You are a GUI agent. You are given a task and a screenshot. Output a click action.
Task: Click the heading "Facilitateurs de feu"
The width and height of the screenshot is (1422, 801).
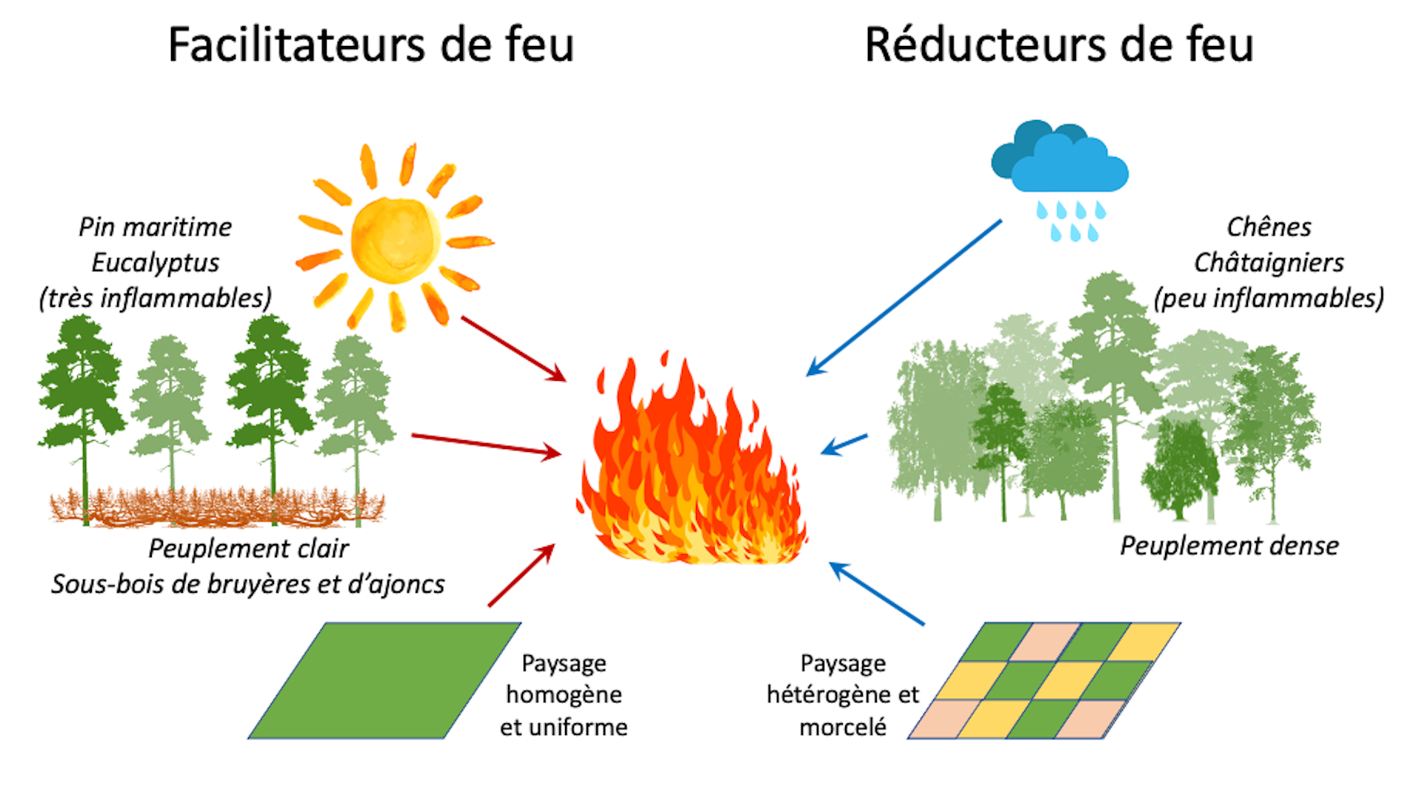[x=371, y=44]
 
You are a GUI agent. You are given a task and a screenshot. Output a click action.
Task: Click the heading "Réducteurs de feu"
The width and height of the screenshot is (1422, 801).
[x=1059, y=44]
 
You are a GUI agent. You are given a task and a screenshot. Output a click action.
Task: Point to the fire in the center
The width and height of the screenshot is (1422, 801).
[x=692, y=467]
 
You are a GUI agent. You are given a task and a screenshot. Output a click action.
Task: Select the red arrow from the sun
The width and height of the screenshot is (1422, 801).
[x=513, y=348]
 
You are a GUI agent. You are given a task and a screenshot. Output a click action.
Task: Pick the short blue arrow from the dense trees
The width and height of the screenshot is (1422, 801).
[x=844, y=445]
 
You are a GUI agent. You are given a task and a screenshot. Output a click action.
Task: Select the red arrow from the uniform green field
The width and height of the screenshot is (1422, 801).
[x=521, y=576]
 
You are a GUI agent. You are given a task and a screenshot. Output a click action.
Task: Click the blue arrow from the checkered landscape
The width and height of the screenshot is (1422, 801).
[x=877, y=594]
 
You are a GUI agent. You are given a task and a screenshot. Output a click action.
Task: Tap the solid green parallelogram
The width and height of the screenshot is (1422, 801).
[x=385, y=680]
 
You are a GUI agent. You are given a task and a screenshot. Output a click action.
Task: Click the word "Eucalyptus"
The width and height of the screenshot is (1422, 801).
[x=156, y=262]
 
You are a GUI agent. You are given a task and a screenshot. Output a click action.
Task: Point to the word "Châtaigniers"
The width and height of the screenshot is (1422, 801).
[x=1269, y=262]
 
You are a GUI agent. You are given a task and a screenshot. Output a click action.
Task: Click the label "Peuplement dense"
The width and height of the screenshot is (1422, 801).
[x=1229, y=546]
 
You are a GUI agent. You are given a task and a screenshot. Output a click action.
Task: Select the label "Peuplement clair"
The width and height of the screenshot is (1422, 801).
[x=248, y=548]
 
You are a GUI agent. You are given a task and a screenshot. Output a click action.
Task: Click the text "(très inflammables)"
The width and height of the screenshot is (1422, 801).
[x=156, y=298]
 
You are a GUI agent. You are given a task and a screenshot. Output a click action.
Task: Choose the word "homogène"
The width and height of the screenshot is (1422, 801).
[x=564, y=695]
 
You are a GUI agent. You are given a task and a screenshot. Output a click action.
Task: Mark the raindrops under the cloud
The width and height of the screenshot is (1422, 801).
[x=1071, y=221]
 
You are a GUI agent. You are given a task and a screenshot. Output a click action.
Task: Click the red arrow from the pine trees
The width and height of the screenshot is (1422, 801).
[x=485, y=444]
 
